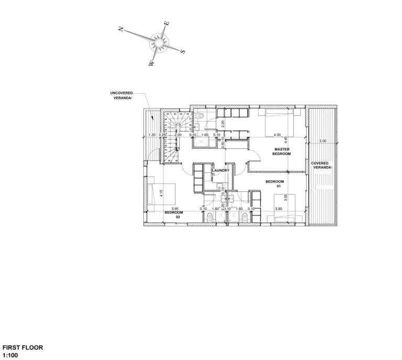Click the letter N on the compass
(x=121, y=29)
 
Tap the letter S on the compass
(x=183, y=51)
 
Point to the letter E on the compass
(x=167, y=23)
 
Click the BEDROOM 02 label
(x=173, y=215)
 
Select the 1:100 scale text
(x=10, y=354)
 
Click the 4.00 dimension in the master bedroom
(x=277, y=135)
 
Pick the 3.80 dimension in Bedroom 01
(x=278, y=209)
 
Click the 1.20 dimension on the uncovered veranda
(x=152, y=135)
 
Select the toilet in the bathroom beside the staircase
(x=201, y=116)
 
